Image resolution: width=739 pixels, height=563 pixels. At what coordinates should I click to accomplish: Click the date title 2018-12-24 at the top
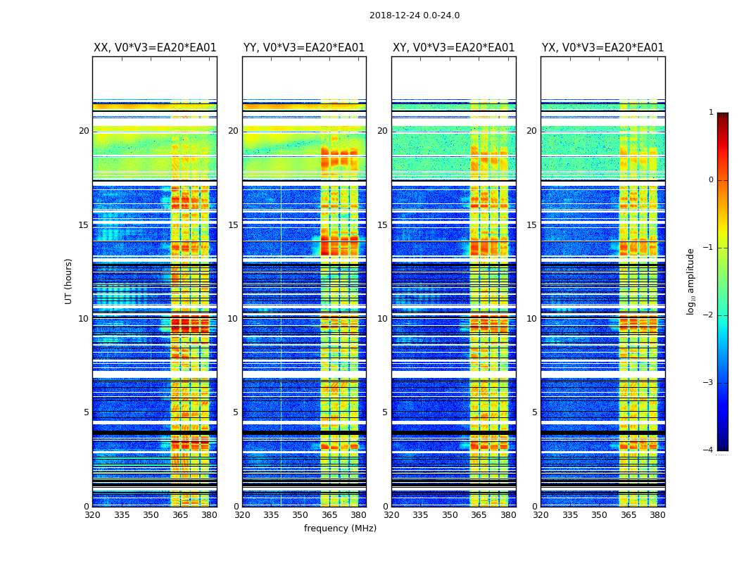point(414,15)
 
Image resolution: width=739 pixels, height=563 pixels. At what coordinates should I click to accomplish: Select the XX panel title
point(155,48)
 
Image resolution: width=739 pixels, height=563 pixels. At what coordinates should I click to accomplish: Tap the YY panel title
point(304,48)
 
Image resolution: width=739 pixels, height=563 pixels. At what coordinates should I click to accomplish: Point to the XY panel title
point(453,48)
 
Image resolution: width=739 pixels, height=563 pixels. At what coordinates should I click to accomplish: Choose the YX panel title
point(602,48)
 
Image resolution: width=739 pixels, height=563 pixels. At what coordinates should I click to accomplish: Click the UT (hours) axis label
point(68,281)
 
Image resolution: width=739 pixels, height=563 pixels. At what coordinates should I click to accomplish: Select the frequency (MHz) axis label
point(340,529)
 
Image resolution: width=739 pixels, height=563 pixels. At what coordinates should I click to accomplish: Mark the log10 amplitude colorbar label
point(691,281)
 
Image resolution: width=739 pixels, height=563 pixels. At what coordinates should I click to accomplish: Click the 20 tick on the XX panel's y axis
point(84,131)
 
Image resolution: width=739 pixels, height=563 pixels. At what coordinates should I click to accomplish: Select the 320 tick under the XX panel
point(92,515)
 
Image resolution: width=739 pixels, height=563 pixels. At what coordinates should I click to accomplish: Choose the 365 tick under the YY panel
point(329,515)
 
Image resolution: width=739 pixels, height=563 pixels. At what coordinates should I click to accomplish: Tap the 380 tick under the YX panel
point(657,515)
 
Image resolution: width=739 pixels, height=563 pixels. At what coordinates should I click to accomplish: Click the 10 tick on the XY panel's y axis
point(382,319)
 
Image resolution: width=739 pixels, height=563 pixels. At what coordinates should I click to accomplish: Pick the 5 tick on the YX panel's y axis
point(535,412)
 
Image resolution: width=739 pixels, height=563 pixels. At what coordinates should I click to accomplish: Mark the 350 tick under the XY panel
point(450,515)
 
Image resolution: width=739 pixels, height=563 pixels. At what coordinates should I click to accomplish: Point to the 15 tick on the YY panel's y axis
point(233,225)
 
